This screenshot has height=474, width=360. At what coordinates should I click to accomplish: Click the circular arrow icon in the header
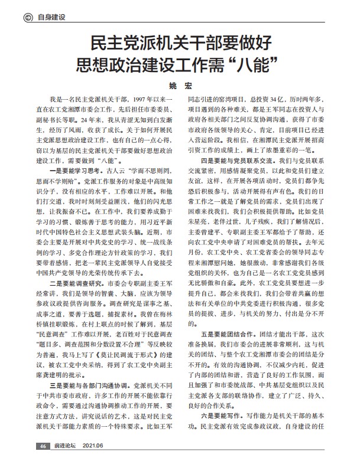[x=27, y=17]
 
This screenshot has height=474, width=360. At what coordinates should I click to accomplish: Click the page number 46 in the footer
[x=42, y=462]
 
